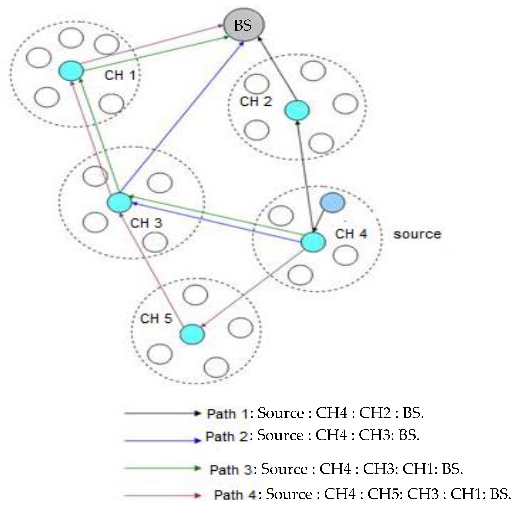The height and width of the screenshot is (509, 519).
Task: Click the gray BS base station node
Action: tap(244, 25)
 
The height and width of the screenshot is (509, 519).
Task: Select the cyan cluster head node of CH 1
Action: tap(71, 71)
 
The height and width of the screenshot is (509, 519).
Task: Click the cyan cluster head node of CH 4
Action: tap(313, 242)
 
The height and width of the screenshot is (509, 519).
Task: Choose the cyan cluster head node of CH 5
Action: tap(192, 334)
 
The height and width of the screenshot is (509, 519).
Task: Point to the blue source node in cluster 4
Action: tap(332, 203)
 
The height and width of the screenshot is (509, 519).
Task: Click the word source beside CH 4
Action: tap(417, 234)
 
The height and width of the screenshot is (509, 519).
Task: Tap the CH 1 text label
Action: tap(120, 75)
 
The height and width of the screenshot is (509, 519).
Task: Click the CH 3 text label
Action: tap(146, 223)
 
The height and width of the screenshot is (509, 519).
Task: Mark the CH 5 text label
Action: tap(156, 319)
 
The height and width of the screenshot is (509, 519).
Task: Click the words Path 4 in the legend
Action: tap(235, 495)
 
